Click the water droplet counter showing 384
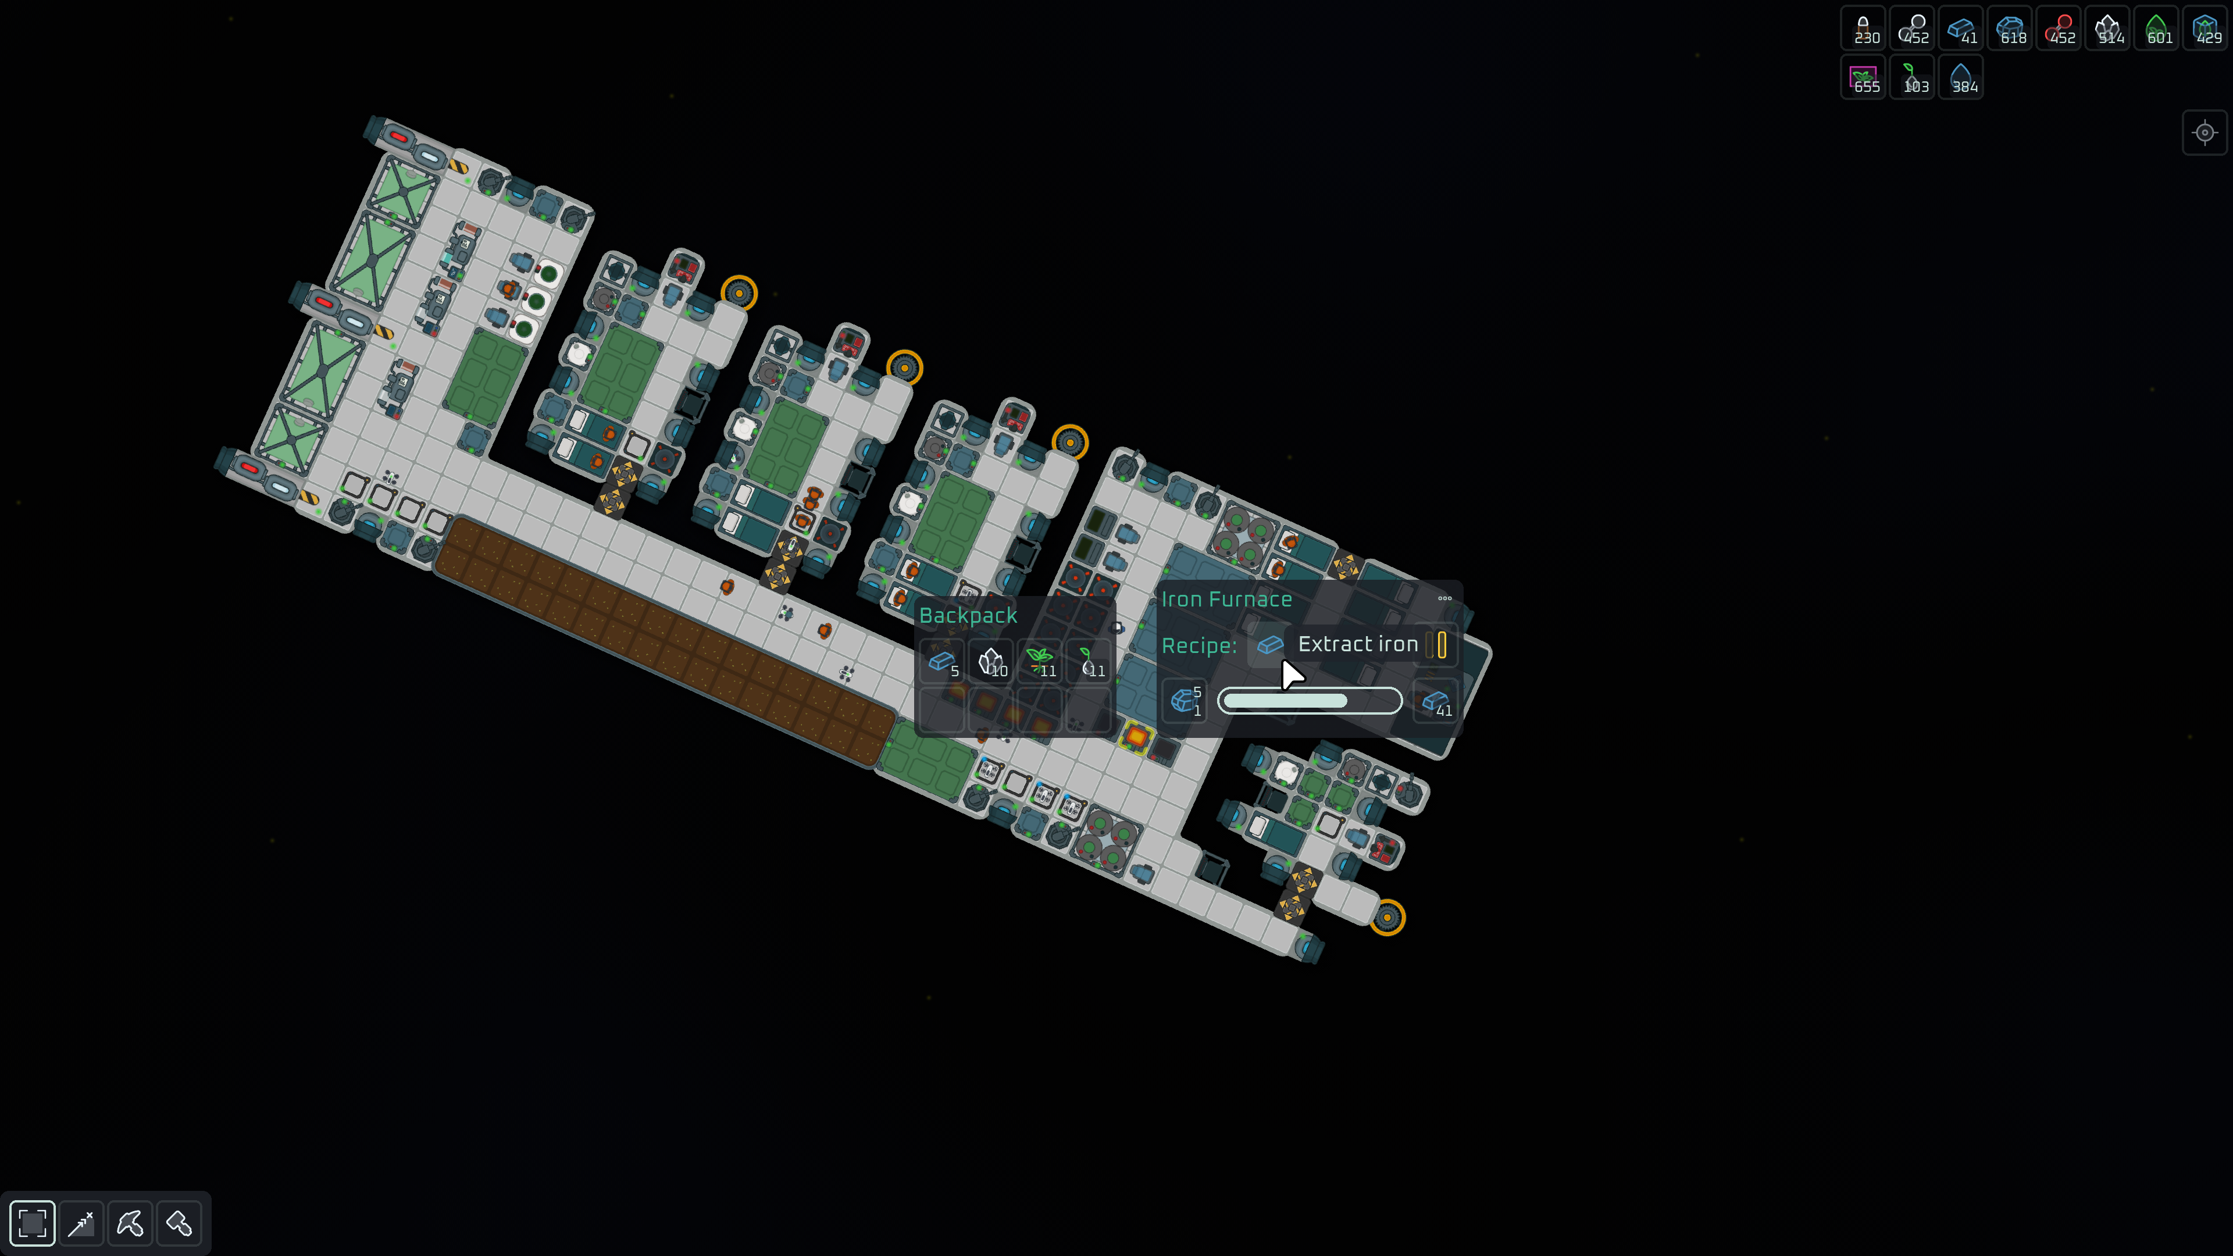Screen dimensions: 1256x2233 pos(1961,78)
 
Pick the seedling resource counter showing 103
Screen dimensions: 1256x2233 pos(1912,78)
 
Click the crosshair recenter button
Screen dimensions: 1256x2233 pos(2205,133)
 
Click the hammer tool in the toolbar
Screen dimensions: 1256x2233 pos(179,1223)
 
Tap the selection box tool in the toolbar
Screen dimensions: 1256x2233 pos(32,1223)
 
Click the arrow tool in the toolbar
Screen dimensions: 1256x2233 pos(81,1223)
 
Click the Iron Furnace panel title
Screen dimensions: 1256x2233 pos(1226,599)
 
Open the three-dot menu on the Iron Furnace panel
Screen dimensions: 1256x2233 pos(1444,598)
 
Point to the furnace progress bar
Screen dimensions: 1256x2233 pos(1309,700)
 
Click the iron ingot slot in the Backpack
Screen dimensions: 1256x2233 pos(942,663)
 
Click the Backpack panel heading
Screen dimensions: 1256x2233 pos(968,615)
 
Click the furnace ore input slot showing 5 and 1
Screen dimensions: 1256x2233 pos(1184,700)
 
